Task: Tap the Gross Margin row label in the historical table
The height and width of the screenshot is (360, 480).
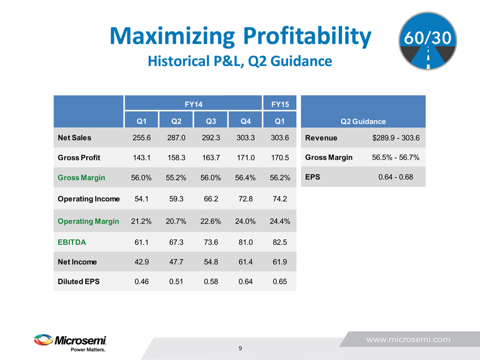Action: pos(81,178)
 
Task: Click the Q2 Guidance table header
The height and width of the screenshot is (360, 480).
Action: pos(363,122)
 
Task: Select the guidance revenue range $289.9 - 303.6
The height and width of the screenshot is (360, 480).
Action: pos(395,138)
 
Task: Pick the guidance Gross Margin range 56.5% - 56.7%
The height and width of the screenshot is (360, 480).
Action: pos(395,158)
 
